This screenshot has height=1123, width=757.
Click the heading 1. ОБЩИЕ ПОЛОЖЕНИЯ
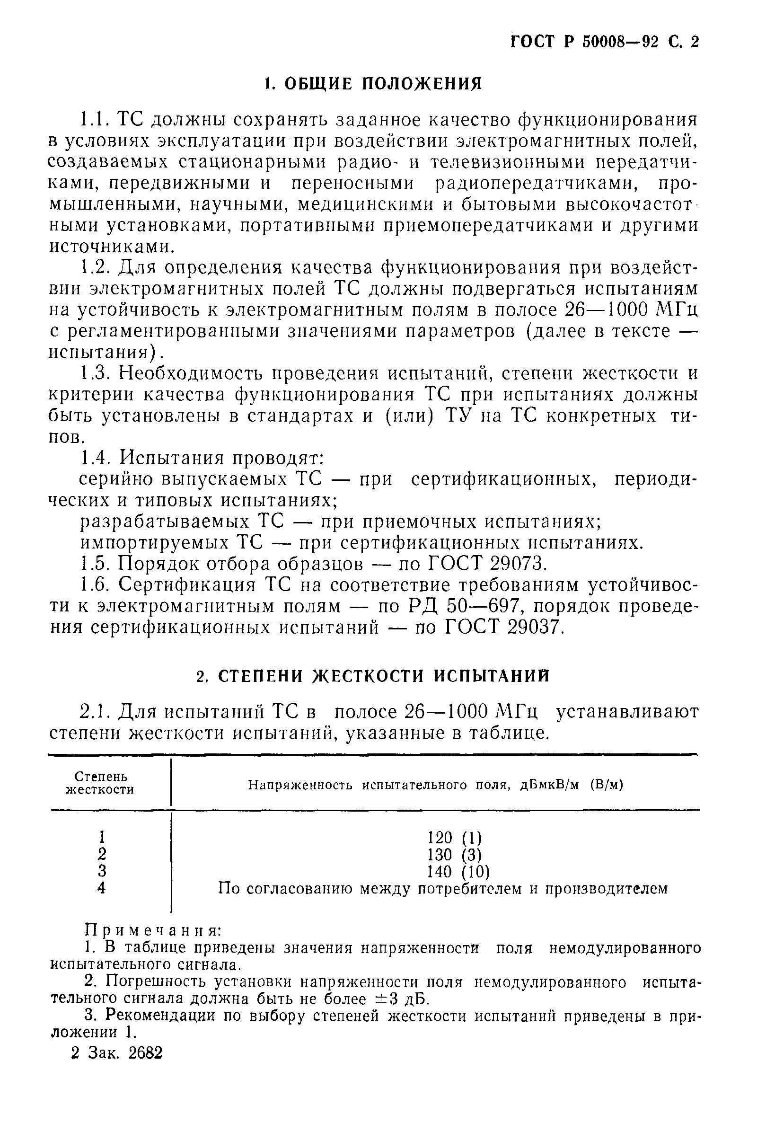374,83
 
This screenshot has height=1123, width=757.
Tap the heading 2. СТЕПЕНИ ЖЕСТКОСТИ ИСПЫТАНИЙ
373,676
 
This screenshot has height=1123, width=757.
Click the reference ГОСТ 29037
502,628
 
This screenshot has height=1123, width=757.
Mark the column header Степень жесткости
100,783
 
